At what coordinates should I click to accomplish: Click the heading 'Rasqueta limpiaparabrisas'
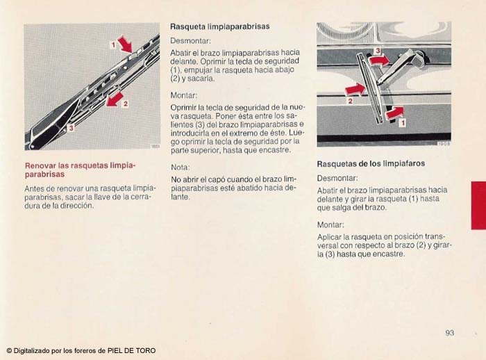coord(220,26)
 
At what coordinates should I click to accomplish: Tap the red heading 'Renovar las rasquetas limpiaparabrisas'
coord(81,170)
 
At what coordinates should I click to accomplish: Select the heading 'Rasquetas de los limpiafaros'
coord(371,163)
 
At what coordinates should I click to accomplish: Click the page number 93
coord(449,333)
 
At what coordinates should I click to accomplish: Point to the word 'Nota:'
coord(180,167)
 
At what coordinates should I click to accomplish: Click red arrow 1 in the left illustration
coord(125,44)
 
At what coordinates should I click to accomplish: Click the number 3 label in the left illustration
coord(72,128)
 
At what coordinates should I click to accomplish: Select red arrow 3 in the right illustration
coord(380,60)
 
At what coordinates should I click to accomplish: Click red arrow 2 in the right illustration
coord(355,90)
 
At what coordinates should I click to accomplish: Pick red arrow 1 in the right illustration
coord(395,113)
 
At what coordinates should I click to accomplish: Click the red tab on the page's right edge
coord(478,206)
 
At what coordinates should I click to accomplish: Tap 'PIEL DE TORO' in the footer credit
coord(131,351)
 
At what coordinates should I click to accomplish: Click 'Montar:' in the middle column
coord(184,95)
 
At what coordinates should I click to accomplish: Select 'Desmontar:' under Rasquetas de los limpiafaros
coord(337,178)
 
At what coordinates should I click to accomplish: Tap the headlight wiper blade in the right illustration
coord(369,89)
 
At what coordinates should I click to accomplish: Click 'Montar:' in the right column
coord(330,224)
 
